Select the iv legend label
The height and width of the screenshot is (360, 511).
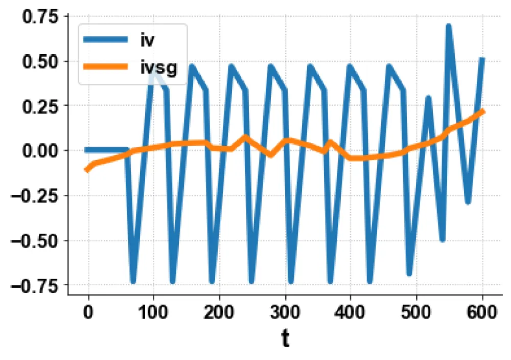click(x=148, y=40)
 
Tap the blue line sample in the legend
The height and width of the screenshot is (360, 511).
click(x=106, y=40)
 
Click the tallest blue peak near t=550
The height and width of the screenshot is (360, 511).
click(x=449, y=26)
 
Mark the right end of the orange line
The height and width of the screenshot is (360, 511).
click(x=482, y=111)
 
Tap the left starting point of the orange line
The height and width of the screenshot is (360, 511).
click(x=87, y=170)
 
